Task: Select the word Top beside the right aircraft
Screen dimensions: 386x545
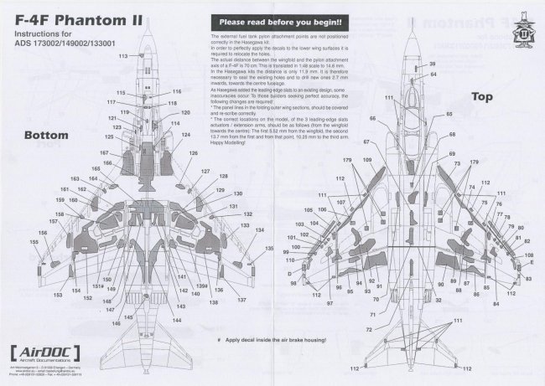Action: tap(481, 121)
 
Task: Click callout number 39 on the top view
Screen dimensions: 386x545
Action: tap(433, 64)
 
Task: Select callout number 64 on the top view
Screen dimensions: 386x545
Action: tap(433, 75)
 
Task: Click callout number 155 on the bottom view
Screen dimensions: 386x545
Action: tap(34, 243)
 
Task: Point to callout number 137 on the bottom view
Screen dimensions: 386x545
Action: tap(241, 300)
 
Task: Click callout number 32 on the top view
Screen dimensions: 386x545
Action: tap(439, 299)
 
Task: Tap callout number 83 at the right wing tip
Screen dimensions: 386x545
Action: tap(530, 264)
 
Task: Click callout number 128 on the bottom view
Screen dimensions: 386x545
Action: tap(224, 178)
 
